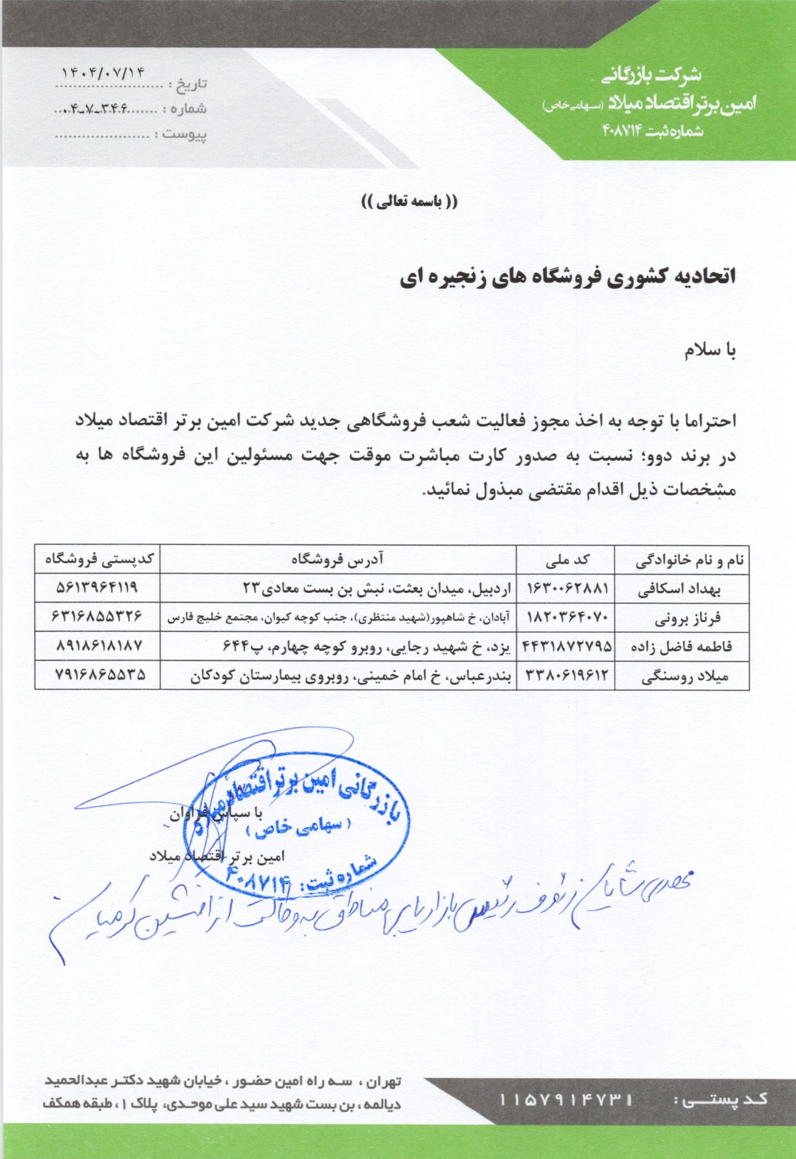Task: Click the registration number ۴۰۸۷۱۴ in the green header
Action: tap(621, 131)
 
